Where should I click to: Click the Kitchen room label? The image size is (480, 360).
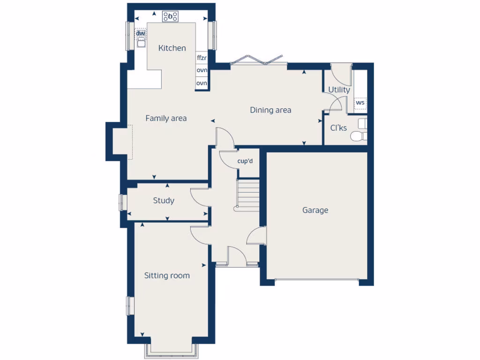172,48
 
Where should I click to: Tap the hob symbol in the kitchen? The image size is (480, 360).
170,17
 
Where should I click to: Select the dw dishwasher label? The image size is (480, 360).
140,33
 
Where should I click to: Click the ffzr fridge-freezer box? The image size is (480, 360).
202,58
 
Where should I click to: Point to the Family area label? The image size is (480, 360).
166,118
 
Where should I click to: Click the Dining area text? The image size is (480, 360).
270,110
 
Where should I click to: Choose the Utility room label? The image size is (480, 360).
339,90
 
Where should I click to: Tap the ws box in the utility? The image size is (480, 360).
360,102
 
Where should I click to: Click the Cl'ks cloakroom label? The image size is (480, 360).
338,127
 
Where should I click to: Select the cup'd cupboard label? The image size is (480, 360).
245,161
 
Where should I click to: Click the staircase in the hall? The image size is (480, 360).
248,194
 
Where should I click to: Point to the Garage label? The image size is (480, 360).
315,210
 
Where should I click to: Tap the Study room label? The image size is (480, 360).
164,201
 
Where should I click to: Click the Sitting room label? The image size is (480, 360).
167,275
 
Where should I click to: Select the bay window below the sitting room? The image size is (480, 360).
170,349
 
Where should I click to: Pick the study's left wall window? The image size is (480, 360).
122,202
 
